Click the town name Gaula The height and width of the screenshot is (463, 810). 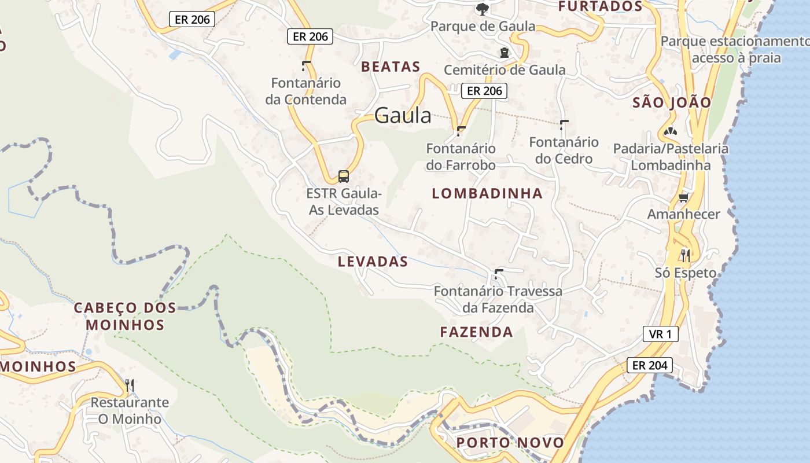(x=403, y=116)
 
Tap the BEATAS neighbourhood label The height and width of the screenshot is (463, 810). (x=391, y=67)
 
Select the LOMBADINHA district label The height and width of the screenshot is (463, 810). (x=487, y=193)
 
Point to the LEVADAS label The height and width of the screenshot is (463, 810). (x=373, y=262)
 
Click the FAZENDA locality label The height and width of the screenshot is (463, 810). (x=476, y=332)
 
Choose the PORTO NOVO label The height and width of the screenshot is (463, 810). (x=510, y=443)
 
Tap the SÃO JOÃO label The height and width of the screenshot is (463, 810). (x=672, y=102)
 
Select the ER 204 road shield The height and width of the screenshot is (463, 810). (x=650, y=365)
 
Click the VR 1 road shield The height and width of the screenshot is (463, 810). (x=660, y=334)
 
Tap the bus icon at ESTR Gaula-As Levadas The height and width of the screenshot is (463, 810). (x=344, y=176)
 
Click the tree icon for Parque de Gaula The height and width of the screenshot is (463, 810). (x=481, y=9)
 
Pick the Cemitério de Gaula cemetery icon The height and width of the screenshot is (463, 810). (x=505, y=53)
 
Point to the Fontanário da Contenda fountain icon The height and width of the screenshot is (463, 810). (x=306, y=65)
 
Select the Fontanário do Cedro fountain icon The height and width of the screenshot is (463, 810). (x=564, y=124)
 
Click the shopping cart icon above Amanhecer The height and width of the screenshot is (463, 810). (x=683, y=197)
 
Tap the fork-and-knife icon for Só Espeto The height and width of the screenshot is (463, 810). (x=686, y=255)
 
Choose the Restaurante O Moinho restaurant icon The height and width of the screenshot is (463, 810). (x=130, y=385)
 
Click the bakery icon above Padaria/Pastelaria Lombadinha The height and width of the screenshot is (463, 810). (x=670, y=132)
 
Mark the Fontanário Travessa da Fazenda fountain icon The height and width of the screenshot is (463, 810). (x=498, y=273)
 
